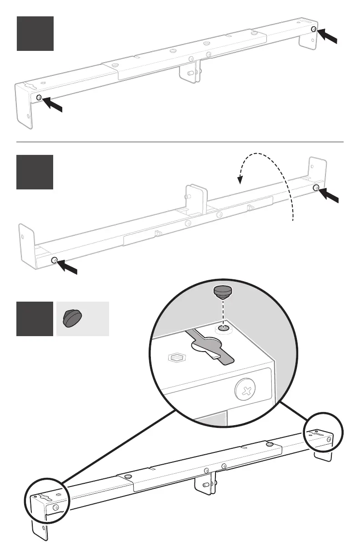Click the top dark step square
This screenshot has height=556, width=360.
click(35, 34)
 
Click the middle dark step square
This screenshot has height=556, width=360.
click(35, 172)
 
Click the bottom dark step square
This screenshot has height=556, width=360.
click(35, 319)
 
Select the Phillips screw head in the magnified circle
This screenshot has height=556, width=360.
click(245, 389)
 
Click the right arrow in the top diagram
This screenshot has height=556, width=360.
click(328, 36)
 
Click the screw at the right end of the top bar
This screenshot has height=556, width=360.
click(314, 29)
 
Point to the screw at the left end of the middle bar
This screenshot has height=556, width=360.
click(55, 260)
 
